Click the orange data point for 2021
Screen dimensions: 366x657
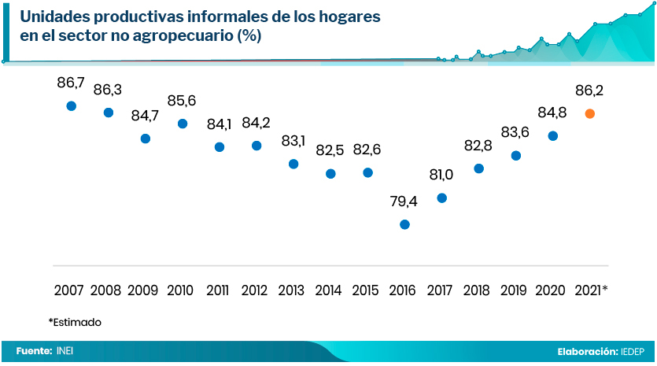point(590,113)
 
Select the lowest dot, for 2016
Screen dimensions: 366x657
point(404,224)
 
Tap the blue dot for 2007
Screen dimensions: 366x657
point(72,105)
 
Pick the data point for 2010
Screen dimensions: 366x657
point(183,124)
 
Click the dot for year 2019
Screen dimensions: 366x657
point(516,156)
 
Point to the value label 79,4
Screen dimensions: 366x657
point(404,201)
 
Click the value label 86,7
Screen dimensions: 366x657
point(71,82)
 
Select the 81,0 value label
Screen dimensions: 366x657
point(441,175)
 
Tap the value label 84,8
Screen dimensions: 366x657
point(553,113)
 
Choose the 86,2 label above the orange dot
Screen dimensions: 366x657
point(590,91)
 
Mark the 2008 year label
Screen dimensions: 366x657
point(106,290)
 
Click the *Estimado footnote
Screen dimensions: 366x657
point(75,322)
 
